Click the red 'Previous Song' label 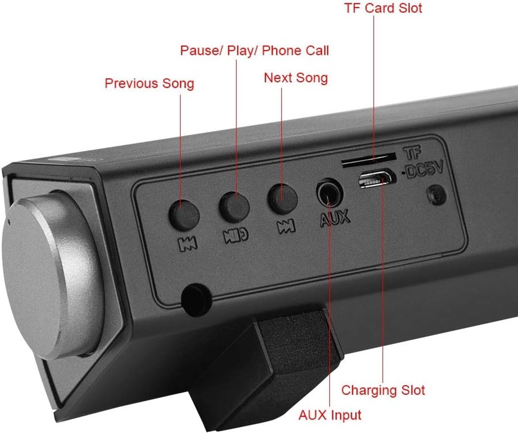(x=149, y=84)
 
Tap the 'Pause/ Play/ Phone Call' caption (x=254, y=51)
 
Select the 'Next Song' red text (x=296, y=78)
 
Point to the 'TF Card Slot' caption (x=383, y=8)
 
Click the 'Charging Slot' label (x=383, y=390)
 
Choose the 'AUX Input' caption (x=330, y=415)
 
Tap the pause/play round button (x=234, y=207)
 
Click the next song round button (x=283, y=199)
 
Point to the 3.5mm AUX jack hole (x=330, y=192)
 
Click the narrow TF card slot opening (x=368, y=160)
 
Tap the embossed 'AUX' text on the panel (x=335, y=218)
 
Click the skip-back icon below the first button (x=187, y=244)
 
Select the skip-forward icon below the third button (x=286, y=226)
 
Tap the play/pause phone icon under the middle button (x=236, y=235)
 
